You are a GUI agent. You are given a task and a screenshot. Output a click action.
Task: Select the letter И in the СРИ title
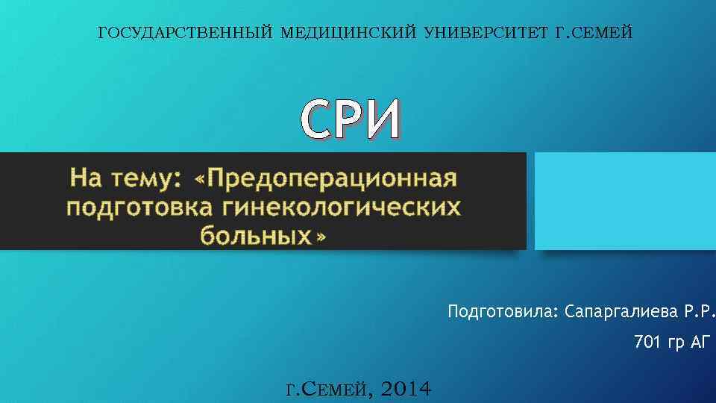(384, 120)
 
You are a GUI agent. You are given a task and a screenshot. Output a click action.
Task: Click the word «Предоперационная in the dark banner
(324, 179)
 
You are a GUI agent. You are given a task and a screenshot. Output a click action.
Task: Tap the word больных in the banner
(255, 235)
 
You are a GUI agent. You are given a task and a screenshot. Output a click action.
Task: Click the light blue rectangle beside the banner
(625, 201)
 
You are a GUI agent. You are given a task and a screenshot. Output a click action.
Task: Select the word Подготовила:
(503, 310)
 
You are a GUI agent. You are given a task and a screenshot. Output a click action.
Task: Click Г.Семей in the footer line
(328, 388)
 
